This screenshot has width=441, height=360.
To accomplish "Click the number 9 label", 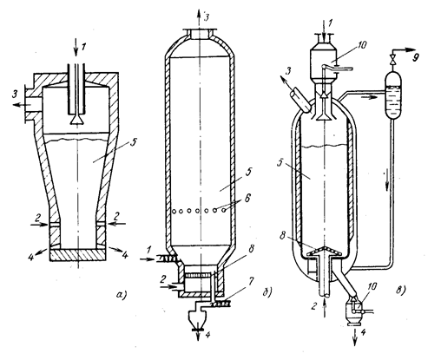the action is [x=415, y=58].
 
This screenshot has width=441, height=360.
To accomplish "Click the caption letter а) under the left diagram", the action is [x=121, y=294].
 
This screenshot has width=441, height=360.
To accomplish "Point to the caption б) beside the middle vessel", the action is [x=267, y=292].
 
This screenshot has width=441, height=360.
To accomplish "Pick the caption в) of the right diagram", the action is [x=400, y=291].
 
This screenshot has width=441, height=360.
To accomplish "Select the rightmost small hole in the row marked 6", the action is [x=224, y=211].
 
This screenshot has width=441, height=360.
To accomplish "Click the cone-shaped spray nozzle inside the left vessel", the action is [x=77, y=119].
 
